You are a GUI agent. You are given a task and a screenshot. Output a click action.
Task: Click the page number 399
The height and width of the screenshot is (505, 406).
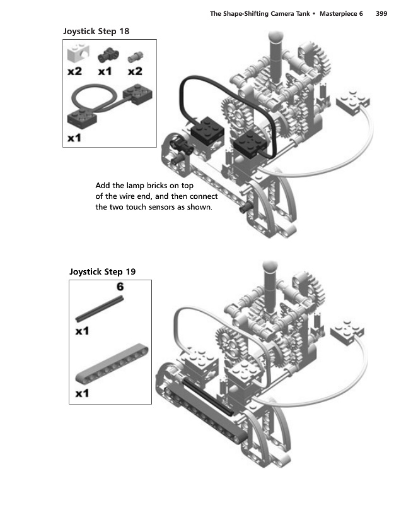click(x=381, y=13)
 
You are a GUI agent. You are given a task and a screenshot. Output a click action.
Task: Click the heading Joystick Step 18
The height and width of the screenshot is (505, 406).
click(x=96, y=31)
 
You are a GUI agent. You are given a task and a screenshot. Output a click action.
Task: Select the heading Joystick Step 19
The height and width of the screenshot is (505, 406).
click(x=102, y=272)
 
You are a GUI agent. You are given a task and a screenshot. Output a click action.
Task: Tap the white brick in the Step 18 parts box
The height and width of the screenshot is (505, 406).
click(x=78, y=53)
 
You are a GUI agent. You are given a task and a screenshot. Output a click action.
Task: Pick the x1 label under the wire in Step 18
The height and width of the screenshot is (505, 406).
click(x=74, y=138)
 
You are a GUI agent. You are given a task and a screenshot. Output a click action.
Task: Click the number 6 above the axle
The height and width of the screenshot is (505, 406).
click(x=120, y=287)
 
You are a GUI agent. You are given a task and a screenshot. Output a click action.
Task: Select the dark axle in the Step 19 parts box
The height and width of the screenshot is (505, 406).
click(x=100, y=309)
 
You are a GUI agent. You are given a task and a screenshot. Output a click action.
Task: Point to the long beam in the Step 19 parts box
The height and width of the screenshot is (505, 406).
click(x=112, y=364)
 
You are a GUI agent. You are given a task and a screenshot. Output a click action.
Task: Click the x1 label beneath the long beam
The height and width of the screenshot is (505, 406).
click(x=82, y=393)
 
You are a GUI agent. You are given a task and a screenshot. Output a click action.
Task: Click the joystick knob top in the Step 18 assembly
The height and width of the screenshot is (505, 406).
click(x=275, y=37)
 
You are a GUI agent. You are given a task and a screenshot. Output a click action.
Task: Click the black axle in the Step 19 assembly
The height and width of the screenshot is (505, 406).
click(x=207, y=396)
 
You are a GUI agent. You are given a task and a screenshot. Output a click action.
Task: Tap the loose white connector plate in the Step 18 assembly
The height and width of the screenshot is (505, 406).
click(x=352, y=102)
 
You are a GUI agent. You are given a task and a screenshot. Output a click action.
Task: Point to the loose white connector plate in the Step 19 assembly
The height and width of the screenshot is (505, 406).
click(x=347, y=332)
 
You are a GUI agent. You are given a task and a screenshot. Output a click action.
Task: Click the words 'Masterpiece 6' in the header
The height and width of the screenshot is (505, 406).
click(x=341, y=13)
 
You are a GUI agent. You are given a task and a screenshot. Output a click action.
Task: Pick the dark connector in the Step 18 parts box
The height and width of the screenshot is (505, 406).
click(x=108, y=56)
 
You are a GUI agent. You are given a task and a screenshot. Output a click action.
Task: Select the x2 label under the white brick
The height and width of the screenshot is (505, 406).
click(x=74, y=71)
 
